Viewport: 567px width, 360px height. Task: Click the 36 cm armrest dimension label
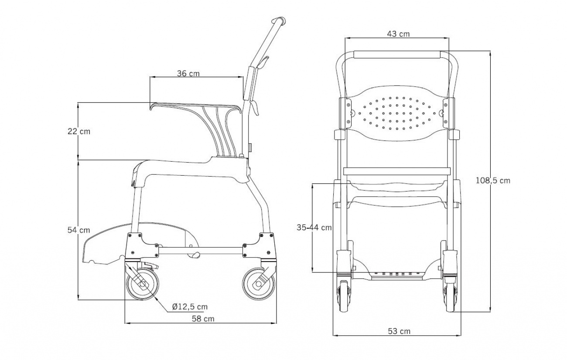tap(188, 73)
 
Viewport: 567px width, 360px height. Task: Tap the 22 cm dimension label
tap(79, 131)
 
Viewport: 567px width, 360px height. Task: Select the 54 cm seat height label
tap(79, 230)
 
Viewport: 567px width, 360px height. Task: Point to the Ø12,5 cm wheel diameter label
tap(190, 306)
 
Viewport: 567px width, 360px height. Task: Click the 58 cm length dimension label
tap(203, 319)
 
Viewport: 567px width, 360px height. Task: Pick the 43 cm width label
tap(398, 34)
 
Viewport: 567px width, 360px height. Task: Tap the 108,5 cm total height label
tap(493, 180)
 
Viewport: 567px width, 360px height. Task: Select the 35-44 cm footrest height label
tap(314, 227)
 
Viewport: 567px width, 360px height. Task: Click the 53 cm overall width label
tap(399, 331)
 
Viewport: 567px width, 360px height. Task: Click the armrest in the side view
tap(196, 107)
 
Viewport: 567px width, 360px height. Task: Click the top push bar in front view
tap(397, 55)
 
